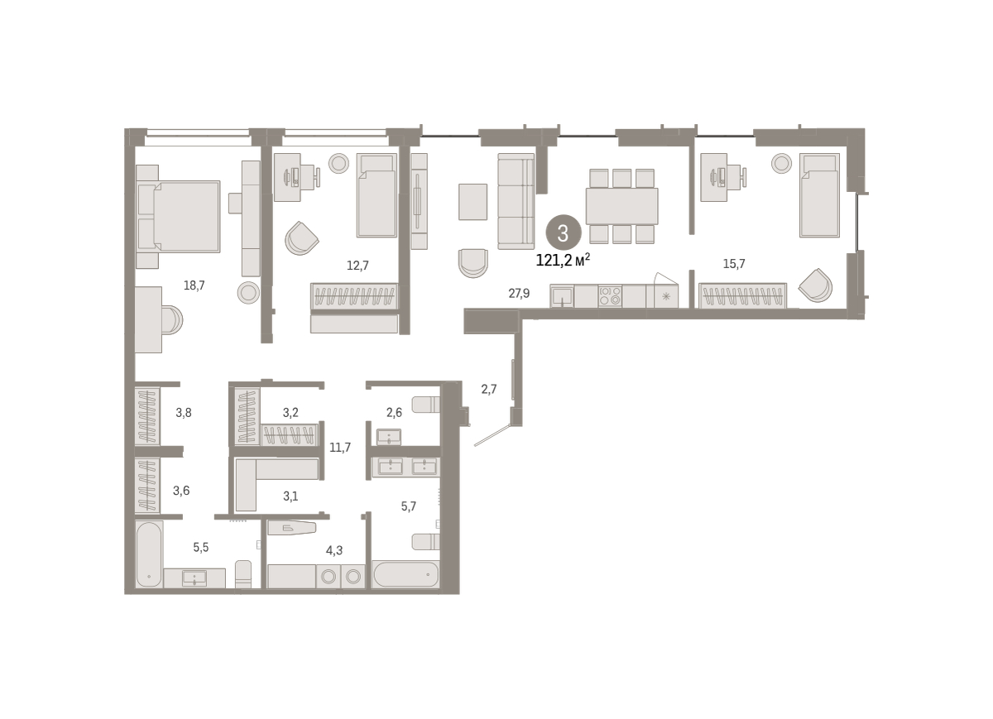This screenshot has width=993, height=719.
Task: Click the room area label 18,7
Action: (x=194, y=286)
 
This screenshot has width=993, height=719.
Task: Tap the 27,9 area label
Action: (x=519, y=294)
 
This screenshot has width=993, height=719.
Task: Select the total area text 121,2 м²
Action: (x=563, y=261)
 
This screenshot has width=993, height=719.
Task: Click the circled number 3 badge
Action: (x=563, y=233)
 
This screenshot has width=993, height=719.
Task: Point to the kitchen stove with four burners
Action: (x=610, y=296)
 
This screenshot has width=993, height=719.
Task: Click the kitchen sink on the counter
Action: (x=562, y=296)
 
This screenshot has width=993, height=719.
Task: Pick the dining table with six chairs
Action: (x=621, y=206)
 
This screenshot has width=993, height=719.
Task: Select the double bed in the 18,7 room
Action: (x=178, y=217)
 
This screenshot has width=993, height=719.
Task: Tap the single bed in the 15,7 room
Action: (x=820, y=195)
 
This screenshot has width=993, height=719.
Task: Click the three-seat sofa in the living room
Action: (x=516, y=201)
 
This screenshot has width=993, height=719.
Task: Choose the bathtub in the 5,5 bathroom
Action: (x=149, y=554)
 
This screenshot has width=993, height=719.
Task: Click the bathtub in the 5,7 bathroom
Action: (x=406, y=574)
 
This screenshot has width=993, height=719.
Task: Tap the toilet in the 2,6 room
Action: (x=426, y=405)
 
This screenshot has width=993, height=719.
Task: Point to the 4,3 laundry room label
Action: (x=334, y=550)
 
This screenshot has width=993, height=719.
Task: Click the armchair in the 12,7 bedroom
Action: (x=301, y=238)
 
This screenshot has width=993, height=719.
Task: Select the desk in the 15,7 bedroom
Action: (x=713, y=177)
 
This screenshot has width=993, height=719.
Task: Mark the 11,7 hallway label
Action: (x=340, y=448)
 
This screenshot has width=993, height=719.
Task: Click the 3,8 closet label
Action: (x=184, y=413)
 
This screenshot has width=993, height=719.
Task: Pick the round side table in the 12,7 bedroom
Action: (x=338, y=163)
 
